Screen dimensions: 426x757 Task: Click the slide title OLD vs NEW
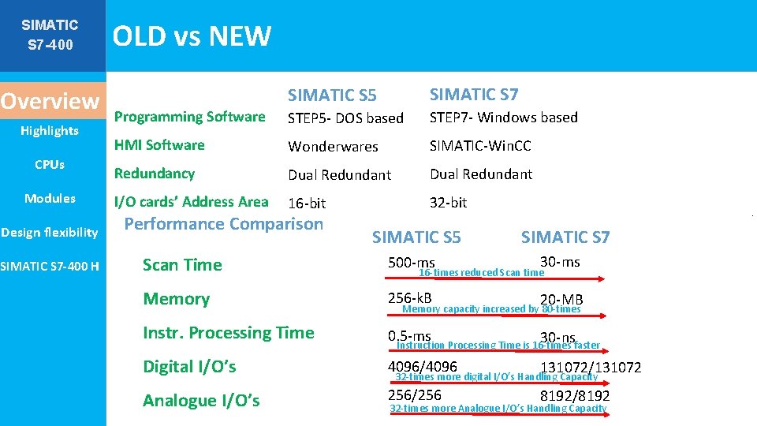click(x=192, y=36)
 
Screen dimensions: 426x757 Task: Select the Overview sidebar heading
click(x=50, y=101)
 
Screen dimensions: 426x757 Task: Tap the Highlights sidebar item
click(x=50, y=131)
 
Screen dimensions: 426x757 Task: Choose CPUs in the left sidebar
click(x=50, y=165)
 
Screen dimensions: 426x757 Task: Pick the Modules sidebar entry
click(x=50, y=198)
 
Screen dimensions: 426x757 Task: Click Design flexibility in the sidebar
click(x=50, y=232)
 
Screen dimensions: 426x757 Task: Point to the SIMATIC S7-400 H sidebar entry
click(x=50, y=266)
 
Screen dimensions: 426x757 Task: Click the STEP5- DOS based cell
click(x=345, y=118)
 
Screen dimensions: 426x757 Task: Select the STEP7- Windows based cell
click(x=503, y=118)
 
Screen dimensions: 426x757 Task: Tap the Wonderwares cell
click(x=333, y=147)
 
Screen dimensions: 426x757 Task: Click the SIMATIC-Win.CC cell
click(x=480, y=146)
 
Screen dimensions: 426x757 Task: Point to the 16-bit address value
click(x=307, y=204)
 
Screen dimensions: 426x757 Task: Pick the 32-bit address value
click(x=448, y=203)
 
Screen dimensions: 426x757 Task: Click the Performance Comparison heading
click(x=224, y=224)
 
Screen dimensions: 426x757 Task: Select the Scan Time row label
click(x=182, y=265)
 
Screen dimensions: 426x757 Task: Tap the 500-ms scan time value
click(x=411, y=262)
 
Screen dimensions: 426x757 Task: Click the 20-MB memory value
click(x=561, y=300)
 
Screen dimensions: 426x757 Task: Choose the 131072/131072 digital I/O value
click(x=591, y=368)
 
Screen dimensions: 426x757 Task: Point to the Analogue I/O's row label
click(x=201, y=401)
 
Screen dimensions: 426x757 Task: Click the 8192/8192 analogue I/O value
click(x=575, y=396)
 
